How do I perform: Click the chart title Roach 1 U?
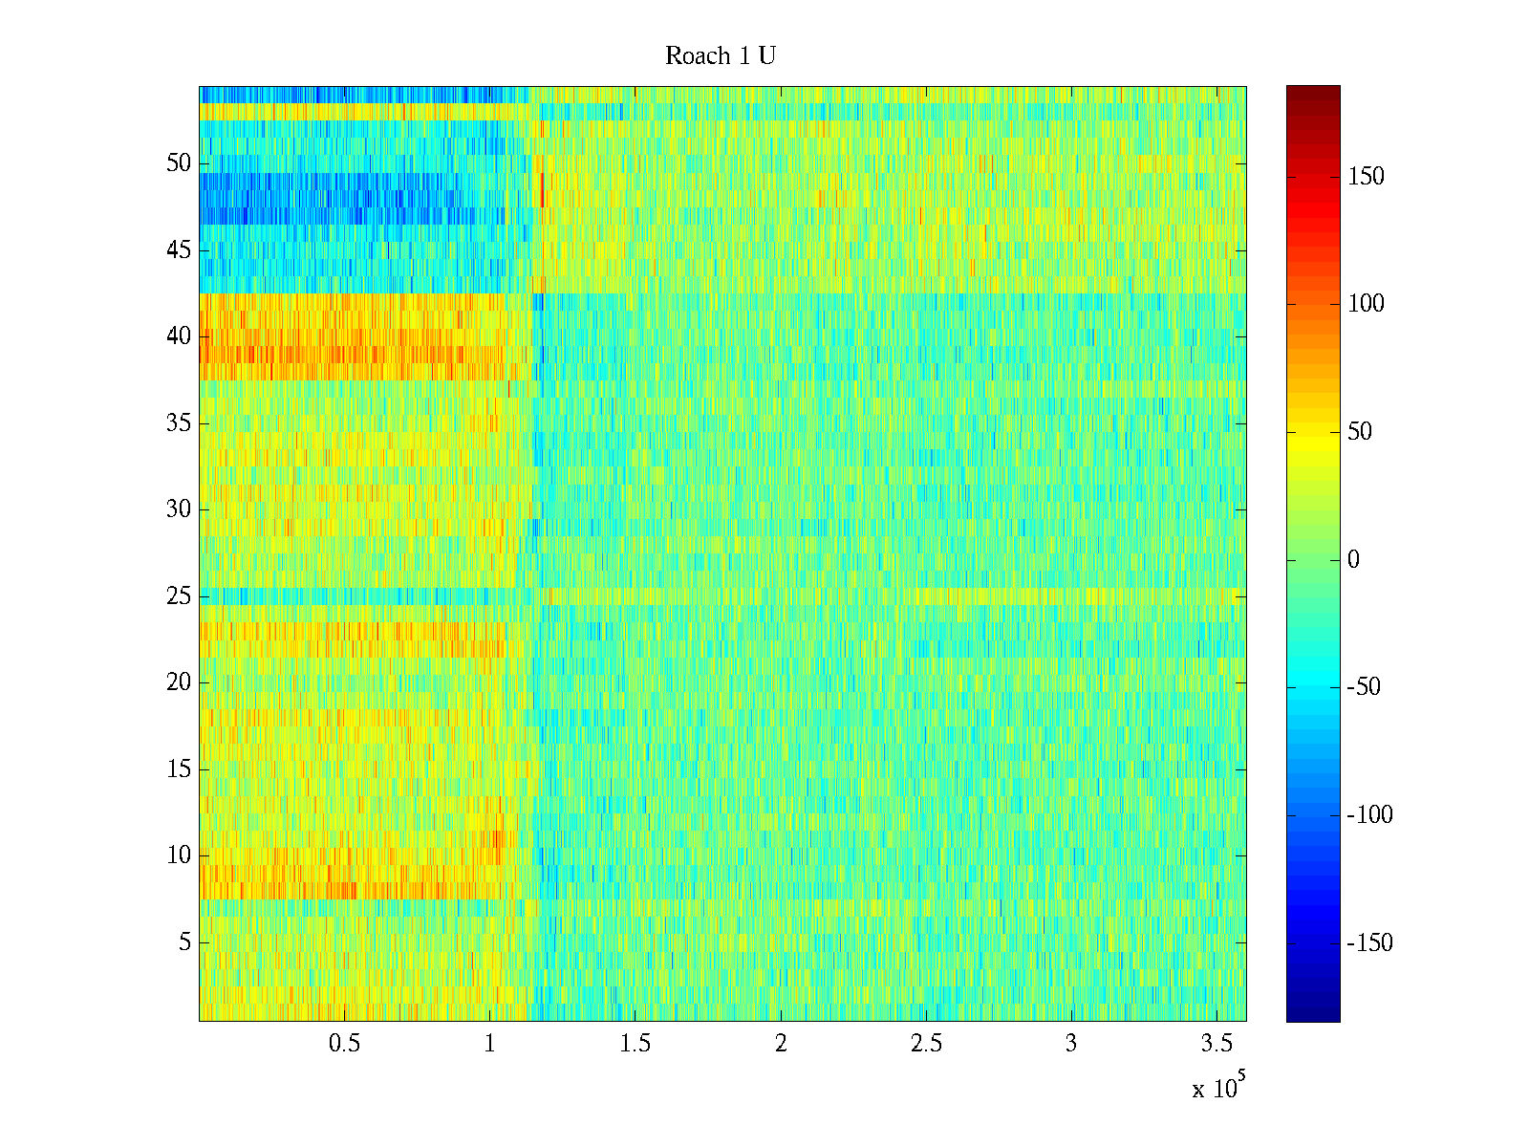pos(720,56)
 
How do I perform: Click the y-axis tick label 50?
pos(179,163)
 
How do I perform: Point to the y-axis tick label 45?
pos(179,250)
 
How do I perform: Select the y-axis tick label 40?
pos(179,336)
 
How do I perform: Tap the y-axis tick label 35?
pos(179,423)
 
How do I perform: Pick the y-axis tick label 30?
pos(179,509)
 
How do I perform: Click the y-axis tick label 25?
pos(179,596)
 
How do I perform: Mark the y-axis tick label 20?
pos(179,682)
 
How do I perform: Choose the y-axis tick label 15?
pos(179,769)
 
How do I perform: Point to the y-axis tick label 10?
pos(179,855)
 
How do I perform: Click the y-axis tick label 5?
pos(184,942)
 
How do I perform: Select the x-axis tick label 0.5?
pos(344,1044)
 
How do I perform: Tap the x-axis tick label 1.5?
pos(635,1044)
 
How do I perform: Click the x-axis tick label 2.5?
pos(925,1044)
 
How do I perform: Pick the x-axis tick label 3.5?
pos(1216,1044)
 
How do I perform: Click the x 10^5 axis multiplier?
pos(1218,1088)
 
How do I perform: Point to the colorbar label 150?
pos(1366,177)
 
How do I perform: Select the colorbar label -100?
pos(1369,815)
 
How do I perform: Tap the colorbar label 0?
pos(1353,560)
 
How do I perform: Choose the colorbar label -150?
pos(1369,943)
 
